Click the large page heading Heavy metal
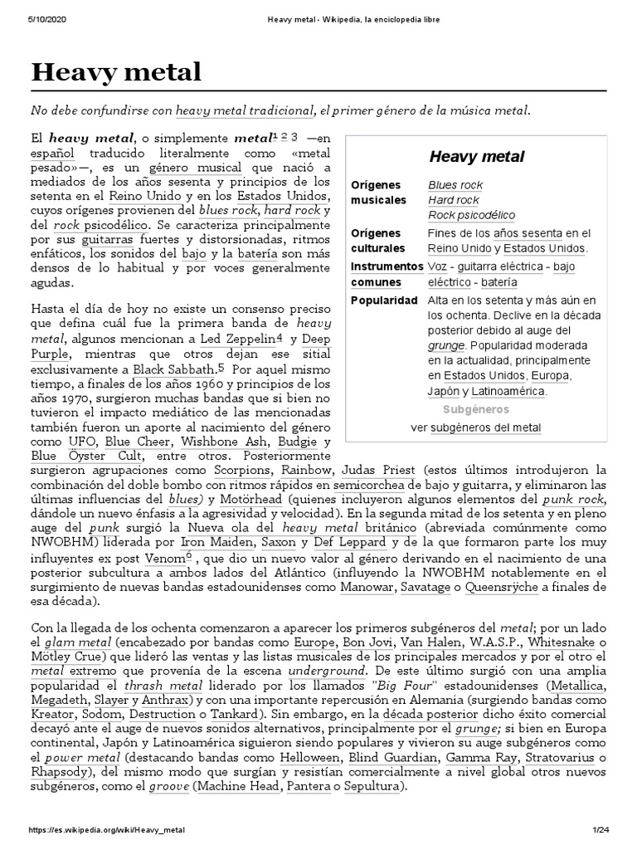pos(116,72)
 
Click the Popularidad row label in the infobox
pos(384,300)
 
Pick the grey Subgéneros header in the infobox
pos(475,409)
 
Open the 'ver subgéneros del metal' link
pos(476,427)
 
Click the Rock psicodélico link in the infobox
pos(471,215)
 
